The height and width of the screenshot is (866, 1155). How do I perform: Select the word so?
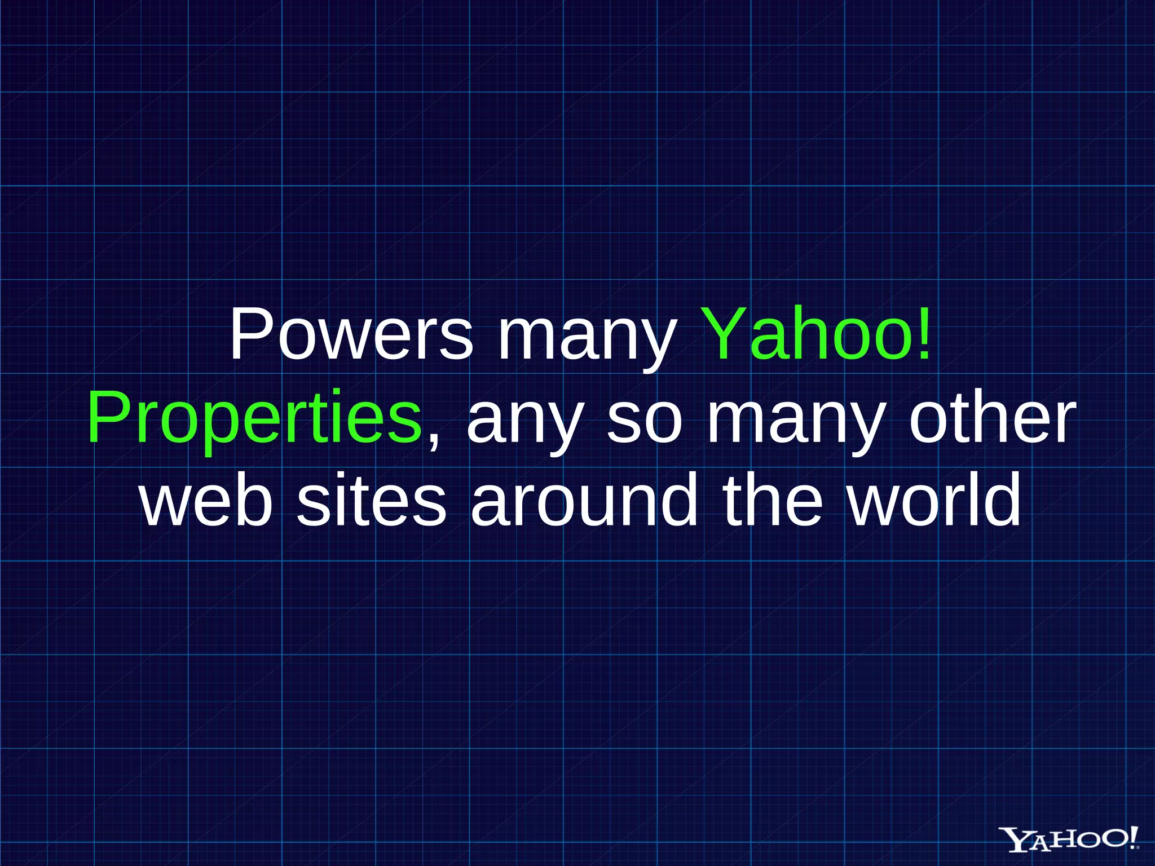click(x=644, y=420)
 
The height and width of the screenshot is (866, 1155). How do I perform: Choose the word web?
click(x=206, y=500)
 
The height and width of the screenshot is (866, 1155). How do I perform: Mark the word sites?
click(x=372, y=500)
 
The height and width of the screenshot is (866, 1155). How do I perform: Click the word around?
click(x=584, y=500)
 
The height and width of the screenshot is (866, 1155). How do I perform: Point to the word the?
click(x=773, y=500)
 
